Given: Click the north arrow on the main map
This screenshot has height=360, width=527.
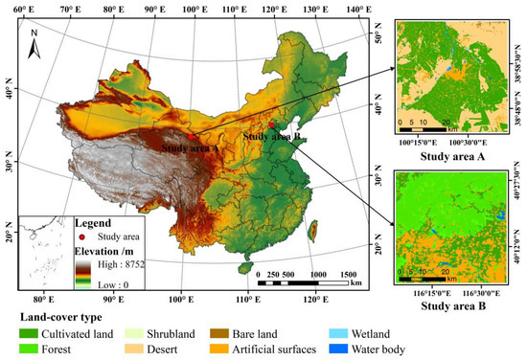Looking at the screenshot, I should point(34,39).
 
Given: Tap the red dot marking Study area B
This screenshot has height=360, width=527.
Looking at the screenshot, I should point(272,125).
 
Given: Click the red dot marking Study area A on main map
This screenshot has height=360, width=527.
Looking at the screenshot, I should point(192,137).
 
